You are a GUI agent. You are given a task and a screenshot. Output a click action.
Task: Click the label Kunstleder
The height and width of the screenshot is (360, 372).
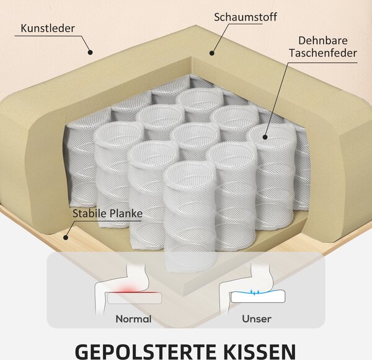point(48,29)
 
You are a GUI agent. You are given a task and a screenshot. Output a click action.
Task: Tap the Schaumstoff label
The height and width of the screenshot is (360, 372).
point(246,17)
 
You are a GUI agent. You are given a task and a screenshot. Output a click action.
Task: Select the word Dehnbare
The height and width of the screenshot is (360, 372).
point(323,40)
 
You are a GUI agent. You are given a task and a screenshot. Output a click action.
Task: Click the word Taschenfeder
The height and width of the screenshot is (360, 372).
point(323,53)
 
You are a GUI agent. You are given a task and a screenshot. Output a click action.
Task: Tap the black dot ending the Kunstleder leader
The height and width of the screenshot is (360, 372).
point(90,52)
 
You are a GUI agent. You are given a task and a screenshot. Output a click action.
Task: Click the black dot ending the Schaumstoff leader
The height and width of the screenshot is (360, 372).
point(212,53)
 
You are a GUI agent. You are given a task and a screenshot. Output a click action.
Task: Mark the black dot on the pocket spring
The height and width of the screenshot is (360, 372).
point(265,137)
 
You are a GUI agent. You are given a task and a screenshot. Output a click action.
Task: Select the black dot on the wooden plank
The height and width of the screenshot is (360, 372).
point(66,237)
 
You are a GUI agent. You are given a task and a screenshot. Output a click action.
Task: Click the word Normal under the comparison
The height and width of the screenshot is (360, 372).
point(133,319)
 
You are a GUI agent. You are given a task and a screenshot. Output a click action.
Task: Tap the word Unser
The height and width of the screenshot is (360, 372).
point(257,319)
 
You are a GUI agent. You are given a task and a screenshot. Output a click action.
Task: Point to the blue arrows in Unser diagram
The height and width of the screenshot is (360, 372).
point(255,292)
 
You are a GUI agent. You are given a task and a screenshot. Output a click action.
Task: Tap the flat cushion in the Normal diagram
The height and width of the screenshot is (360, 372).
point(135,298)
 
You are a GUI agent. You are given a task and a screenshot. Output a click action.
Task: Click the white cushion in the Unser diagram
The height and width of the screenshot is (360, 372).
point(258,297)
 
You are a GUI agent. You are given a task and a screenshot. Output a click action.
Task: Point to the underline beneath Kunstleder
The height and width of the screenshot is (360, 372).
point(48,36)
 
